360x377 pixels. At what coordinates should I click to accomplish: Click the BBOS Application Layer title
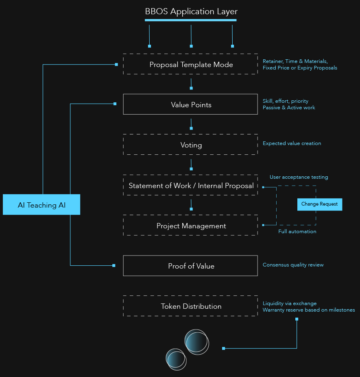coord(191,12)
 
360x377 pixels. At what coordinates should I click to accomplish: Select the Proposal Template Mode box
coord(190,64)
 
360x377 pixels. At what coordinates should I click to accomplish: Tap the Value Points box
coord(190,104)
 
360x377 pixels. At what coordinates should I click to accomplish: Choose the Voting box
coord(190,145)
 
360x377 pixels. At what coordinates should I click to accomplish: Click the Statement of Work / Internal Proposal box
coord(190,186)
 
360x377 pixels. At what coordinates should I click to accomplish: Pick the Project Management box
coord(190,225)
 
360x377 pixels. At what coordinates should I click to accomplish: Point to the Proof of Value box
coord(190,266)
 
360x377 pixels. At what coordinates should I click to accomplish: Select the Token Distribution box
coord(190,306)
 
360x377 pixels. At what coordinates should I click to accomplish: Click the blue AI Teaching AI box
coord(41,205)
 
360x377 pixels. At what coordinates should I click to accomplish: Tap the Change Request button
coord(320,204)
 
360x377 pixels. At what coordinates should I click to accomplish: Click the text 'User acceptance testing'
coord(299,177)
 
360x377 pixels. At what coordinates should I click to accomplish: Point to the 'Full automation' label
coord(297,232)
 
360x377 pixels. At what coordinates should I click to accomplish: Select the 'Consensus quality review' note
coord(293,265)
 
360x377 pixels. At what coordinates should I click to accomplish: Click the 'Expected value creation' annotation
coord(292,143)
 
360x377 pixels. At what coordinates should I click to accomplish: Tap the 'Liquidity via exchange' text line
coord(289,303)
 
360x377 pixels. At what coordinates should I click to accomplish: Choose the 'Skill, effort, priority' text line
coord(285,101)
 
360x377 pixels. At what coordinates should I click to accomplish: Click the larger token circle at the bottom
coord(197,342)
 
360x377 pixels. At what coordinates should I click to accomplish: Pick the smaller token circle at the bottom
coord(176,359)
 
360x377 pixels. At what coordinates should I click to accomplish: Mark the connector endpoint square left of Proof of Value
coord(114,265)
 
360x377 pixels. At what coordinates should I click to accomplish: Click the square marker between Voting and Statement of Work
coord(191,169)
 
